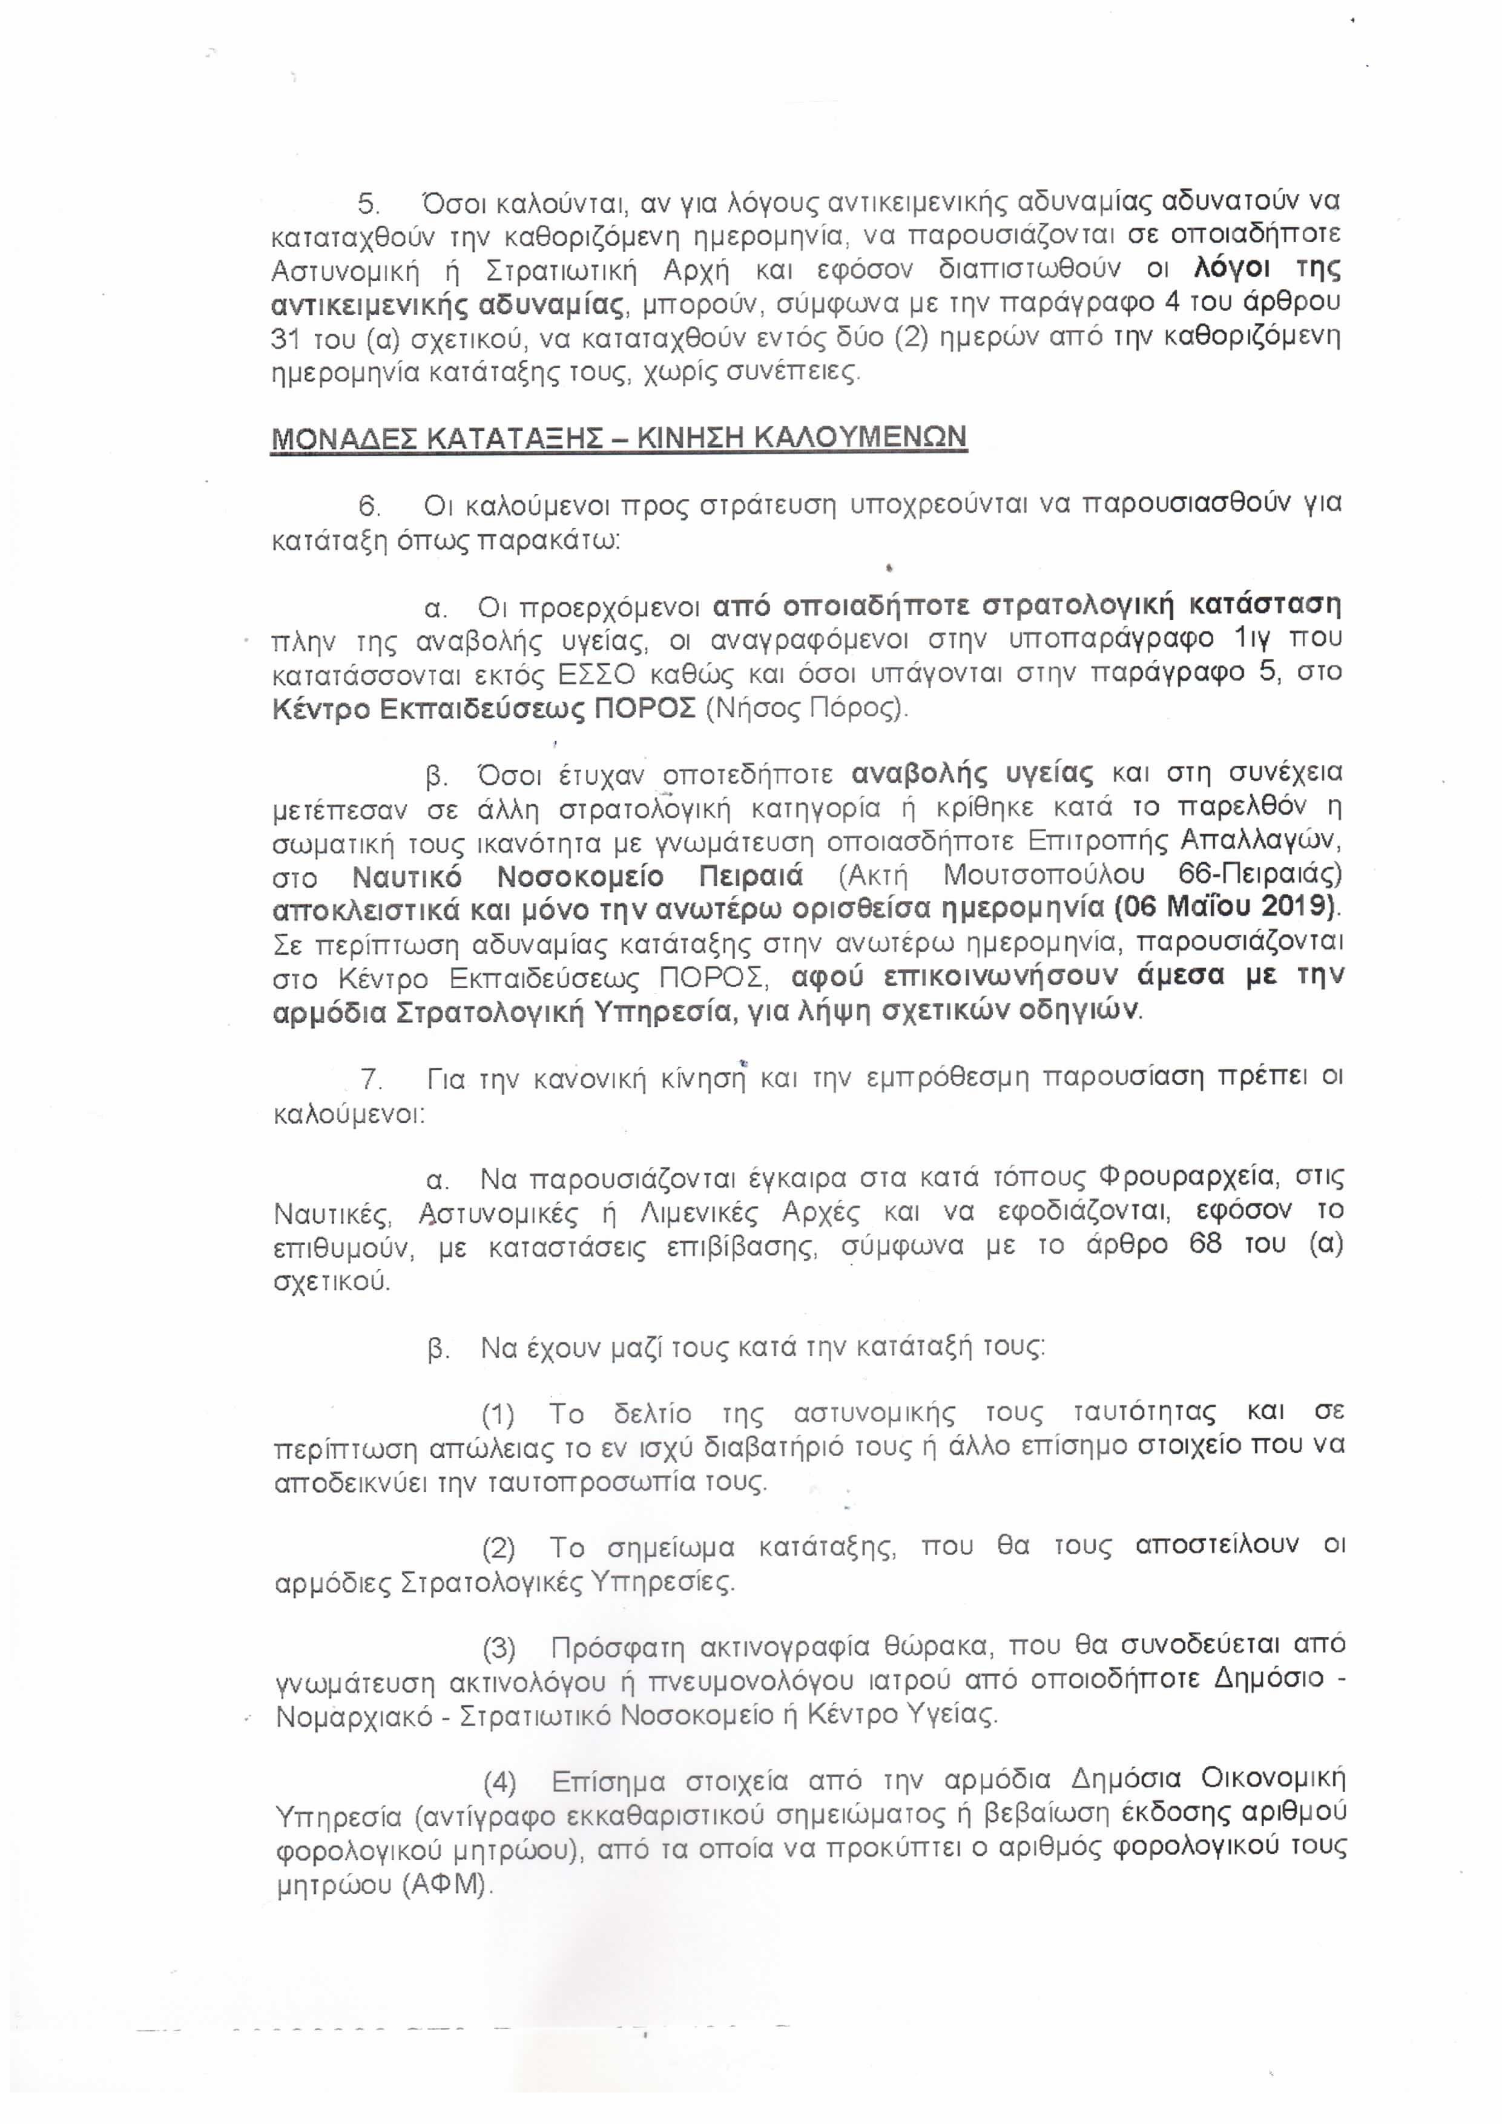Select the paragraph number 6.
pyautogui.click(x=369, y=506)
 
